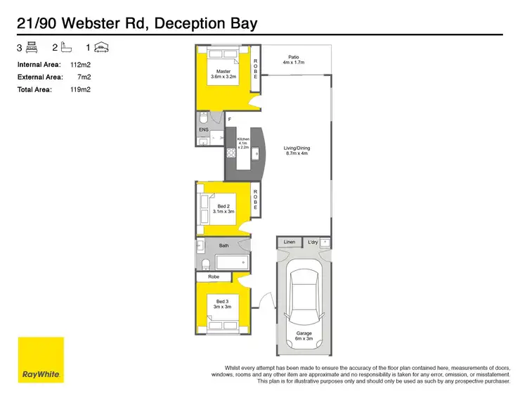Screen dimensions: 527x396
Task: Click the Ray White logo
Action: click(41, 360)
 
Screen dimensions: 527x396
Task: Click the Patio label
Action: click(295, 60)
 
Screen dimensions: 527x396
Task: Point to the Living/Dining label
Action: click(297, 151)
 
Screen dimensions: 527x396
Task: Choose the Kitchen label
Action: click(244, 143)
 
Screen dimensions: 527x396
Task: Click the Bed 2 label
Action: click(223, 208)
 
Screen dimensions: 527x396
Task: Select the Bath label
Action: click(224, 245)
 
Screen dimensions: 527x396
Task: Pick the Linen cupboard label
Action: click(289, 243)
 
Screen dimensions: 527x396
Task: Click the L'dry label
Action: click(313, 243)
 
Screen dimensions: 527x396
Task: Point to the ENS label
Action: click(204, 130)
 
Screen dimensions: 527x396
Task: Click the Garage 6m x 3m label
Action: click(304, 336)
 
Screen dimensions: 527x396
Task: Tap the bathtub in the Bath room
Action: click(231, 263)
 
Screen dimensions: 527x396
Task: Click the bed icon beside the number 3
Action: click(32, 48)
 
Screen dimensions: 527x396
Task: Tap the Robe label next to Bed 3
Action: click(214, 277)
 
